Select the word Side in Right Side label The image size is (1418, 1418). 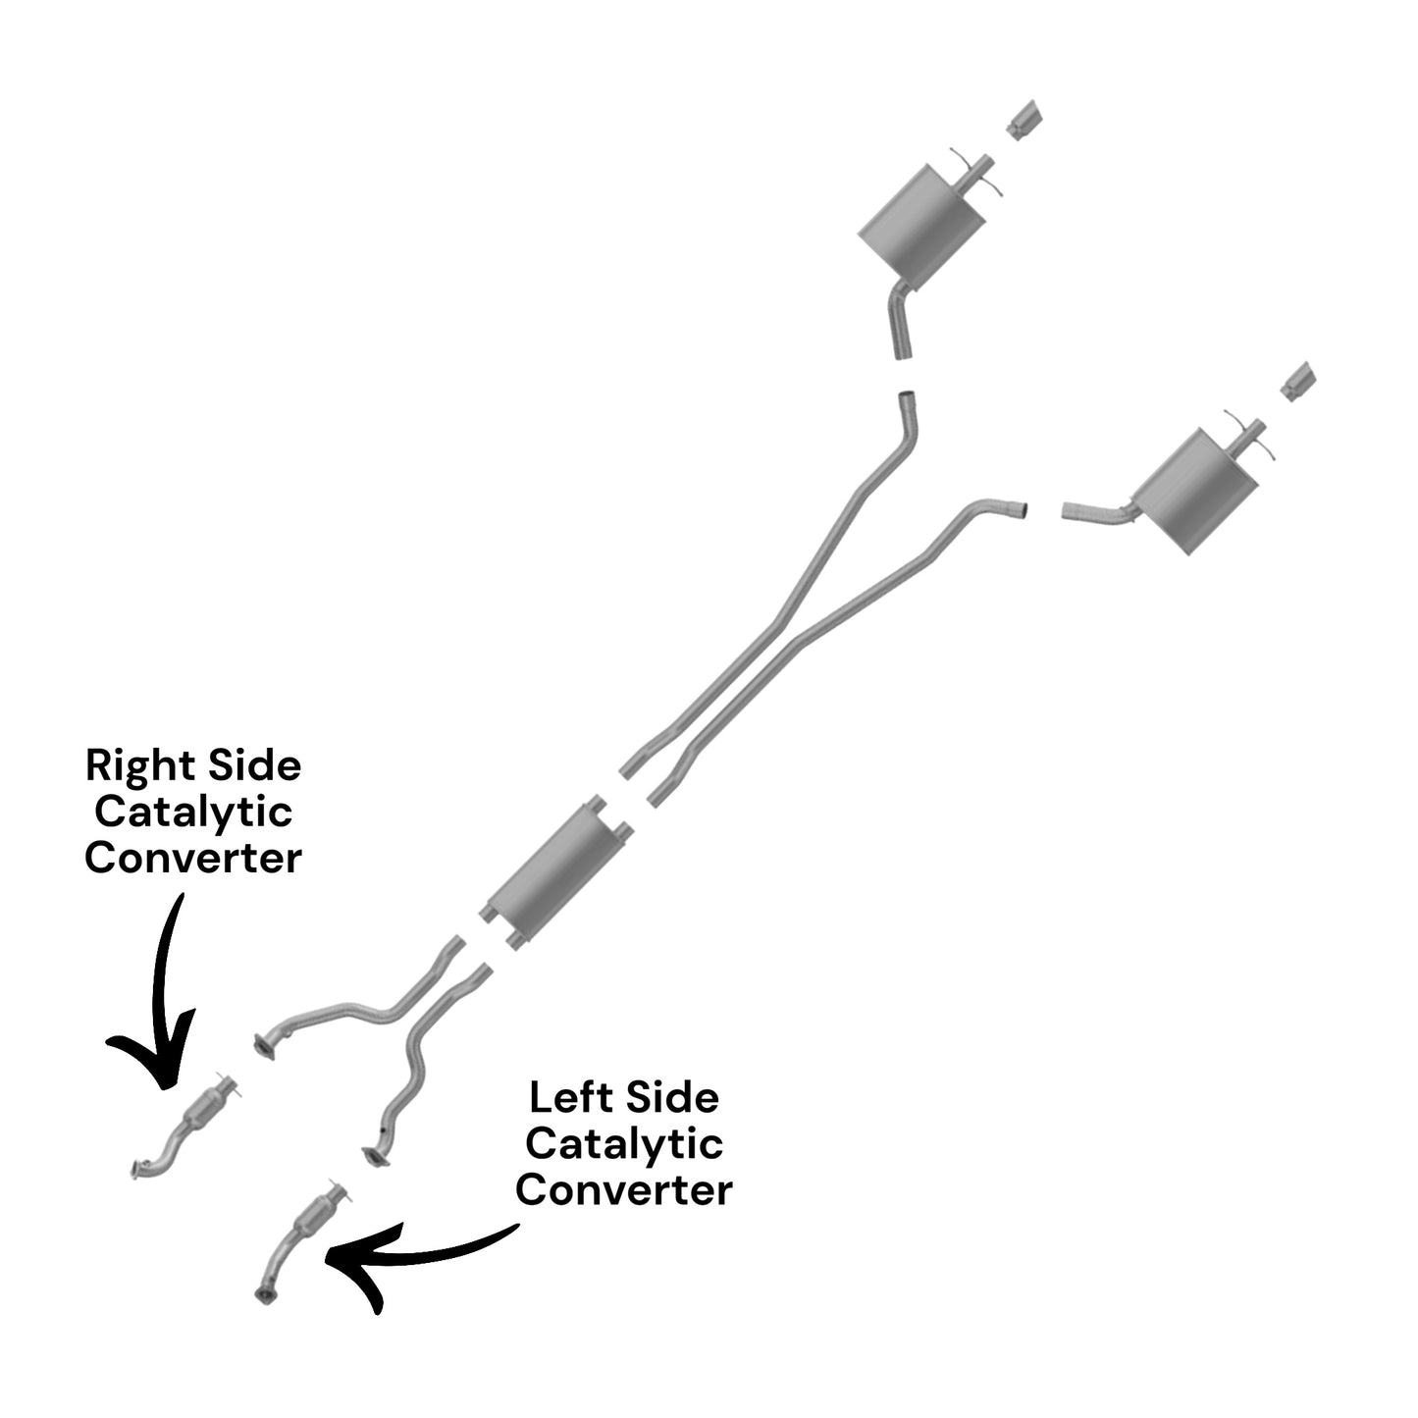(254, 765)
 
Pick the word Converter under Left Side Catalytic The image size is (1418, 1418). (624, 1190)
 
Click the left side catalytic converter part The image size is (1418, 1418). (300, 1241)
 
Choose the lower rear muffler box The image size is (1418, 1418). (1196, 490)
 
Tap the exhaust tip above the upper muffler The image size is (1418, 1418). (1024, 119)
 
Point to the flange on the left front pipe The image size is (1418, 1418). (376, 1155)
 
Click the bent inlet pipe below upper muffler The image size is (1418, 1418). (902, 319)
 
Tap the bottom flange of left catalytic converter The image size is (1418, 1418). (263, 1294)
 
